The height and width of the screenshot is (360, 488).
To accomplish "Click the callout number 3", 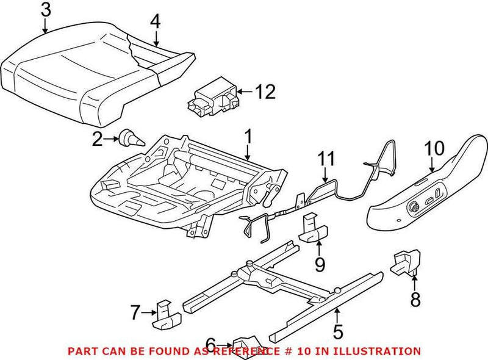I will [x=46, y=9].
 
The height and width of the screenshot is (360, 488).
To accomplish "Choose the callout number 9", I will [x=319, y=264].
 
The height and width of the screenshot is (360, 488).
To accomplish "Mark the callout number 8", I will [x=415, y=299].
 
